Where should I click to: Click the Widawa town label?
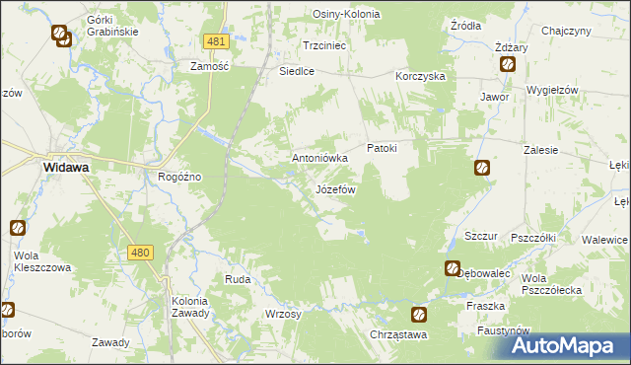coord(66,168)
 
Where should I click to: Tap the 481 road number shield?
coord(218,41)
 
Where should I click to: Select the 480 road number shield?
coord(140,254)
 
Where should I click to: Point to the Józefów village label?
coord(335,188)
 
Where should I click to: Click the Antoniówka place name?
coord(320,158)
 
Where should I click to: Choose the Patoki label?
coord(382,148)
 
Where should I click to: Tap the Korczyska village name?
coord(421,76)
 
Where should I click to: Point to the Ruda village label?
coord(238,279)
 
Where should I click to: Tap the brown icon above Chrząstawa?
coord(419,315)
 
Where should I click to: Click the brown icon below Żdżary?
coord(508,65)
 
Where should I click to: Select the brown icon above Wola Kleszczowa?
coord(18,228)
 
